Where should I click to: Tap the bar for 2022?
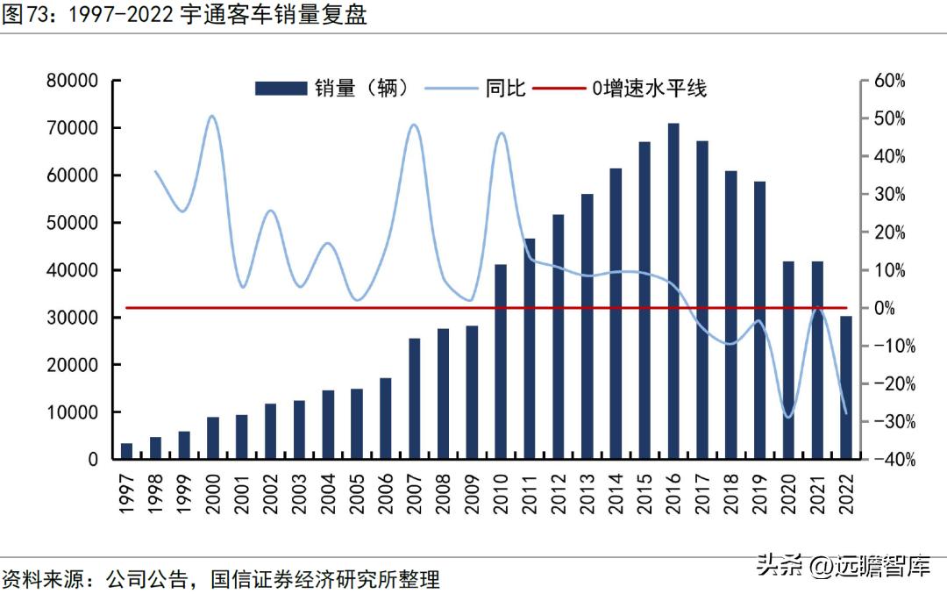(846, 387)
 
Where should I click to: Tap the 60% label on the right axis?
(889, 81)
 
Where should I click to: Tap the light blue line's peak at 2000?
(212, 116)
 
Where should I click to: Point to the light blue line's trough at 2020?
(788, 417)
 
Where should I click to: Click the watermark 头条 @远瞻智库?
(843, 566)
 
